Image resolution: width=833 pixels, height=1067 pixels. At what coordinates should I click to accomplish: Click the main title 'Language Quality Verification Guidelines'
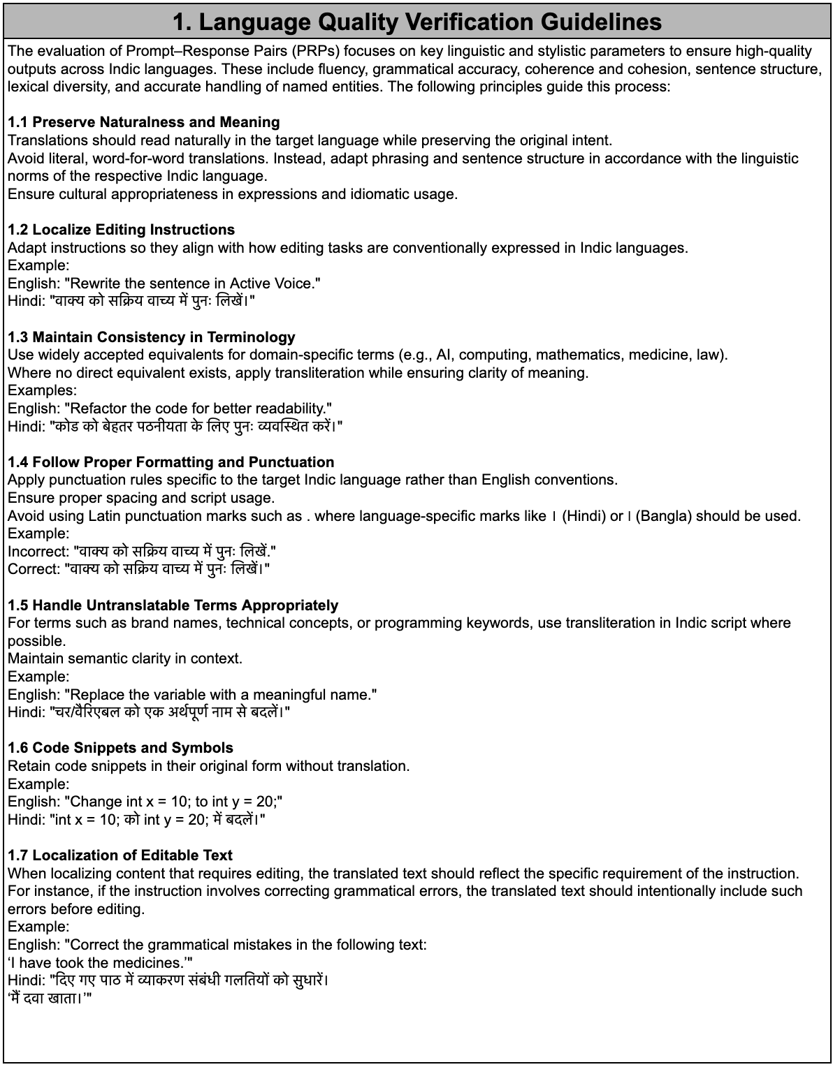tap(416, 22)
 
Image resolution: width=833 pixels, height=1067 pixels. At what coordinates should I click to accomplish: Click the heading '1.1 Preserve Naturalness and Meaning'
tap(143, 122)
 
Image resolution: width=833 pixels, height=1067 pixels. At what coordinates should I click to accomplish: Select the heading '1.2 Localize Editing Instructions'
tap(121, 230)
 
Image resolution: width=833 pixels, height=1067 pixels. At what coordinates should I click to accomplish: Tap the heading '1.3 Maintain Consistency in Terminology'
tap(151, 337)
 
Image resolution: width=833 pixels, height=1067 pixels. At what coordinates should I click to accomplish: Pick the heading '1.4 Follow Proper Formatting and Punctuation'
tap(171, 462)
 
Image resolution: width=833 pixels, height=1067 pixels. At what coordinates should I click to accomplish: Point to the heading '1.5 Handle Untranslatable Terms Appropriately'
tap(173, 605)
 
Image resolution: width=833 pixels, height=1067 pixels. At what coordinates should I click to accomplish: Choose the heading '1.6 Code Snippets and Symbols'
tap(120, 748)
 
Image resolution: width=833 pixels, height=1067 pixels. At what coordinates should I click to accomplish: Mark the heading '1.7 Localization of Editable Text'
tap(119, 855)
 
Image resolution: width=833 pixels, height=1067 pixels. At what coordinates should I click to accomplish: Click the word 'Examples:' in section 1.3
tap(42, 390)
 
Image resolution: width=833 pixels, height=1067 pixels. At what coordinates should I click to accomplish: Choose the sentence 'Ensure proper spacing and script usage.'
tap(140, 498)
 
